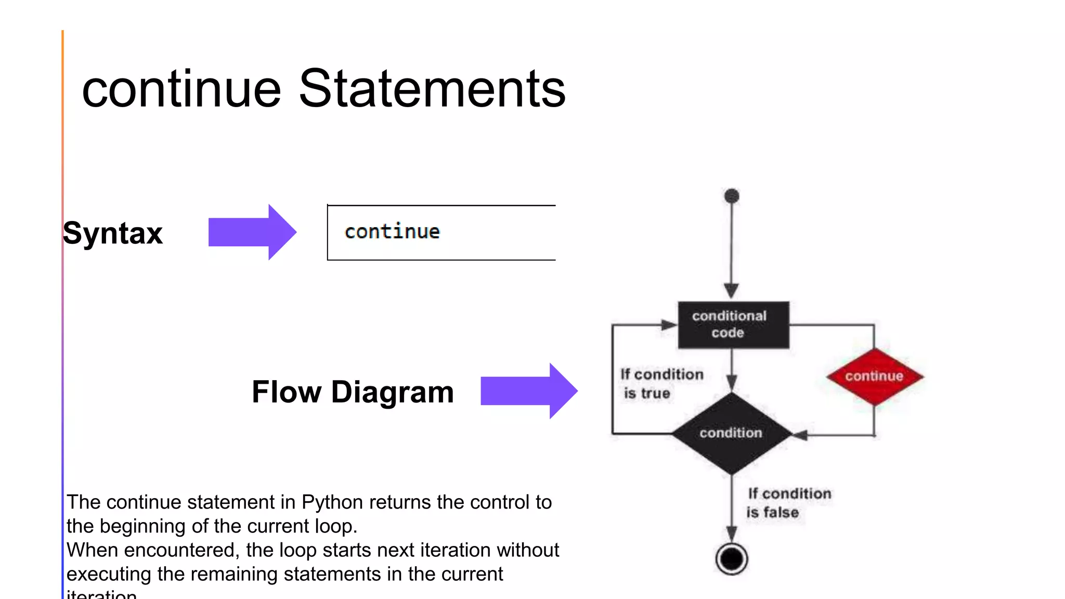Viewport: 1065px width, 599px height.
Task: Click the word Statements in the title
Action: (432, 89)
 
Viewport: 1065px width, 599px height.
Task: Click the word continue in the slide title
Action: (181, 89)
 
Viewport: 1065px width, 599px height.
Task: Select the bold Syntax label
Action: (113, 233)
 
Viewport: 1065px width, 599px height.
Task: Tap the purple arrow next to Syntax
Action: (252, 232)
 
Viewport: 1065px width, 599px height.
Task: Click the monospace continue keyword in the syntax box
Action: (392, 232)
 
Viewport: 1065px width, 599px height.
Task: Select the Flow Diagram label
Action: (353, 392)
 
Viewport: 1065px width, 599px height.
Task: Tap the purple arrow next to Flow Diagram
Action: (528, 391)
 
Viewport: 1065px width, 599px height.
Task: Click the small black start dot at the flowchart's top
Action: (732, 196)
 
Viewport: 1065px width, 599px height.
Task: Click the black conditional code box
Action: (733, 325)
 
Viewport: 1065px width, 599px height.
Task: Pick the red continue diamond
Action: (874, 376)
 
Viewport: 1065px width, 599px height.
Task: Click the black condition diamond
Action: (731, 433)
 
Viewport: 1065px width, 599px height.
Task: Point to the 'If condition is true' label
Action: (660, 384)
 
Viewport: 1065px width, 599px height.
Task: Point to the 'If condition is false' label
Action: (788, 503)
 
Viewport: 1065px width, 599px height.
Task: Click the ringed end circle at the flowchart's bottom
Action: (732, 559)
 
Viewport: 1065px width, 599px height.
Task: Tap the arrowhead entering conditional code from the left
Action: (669, 325)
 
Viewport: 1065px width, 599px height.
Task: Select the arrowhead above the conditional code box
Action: (732, 290)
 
